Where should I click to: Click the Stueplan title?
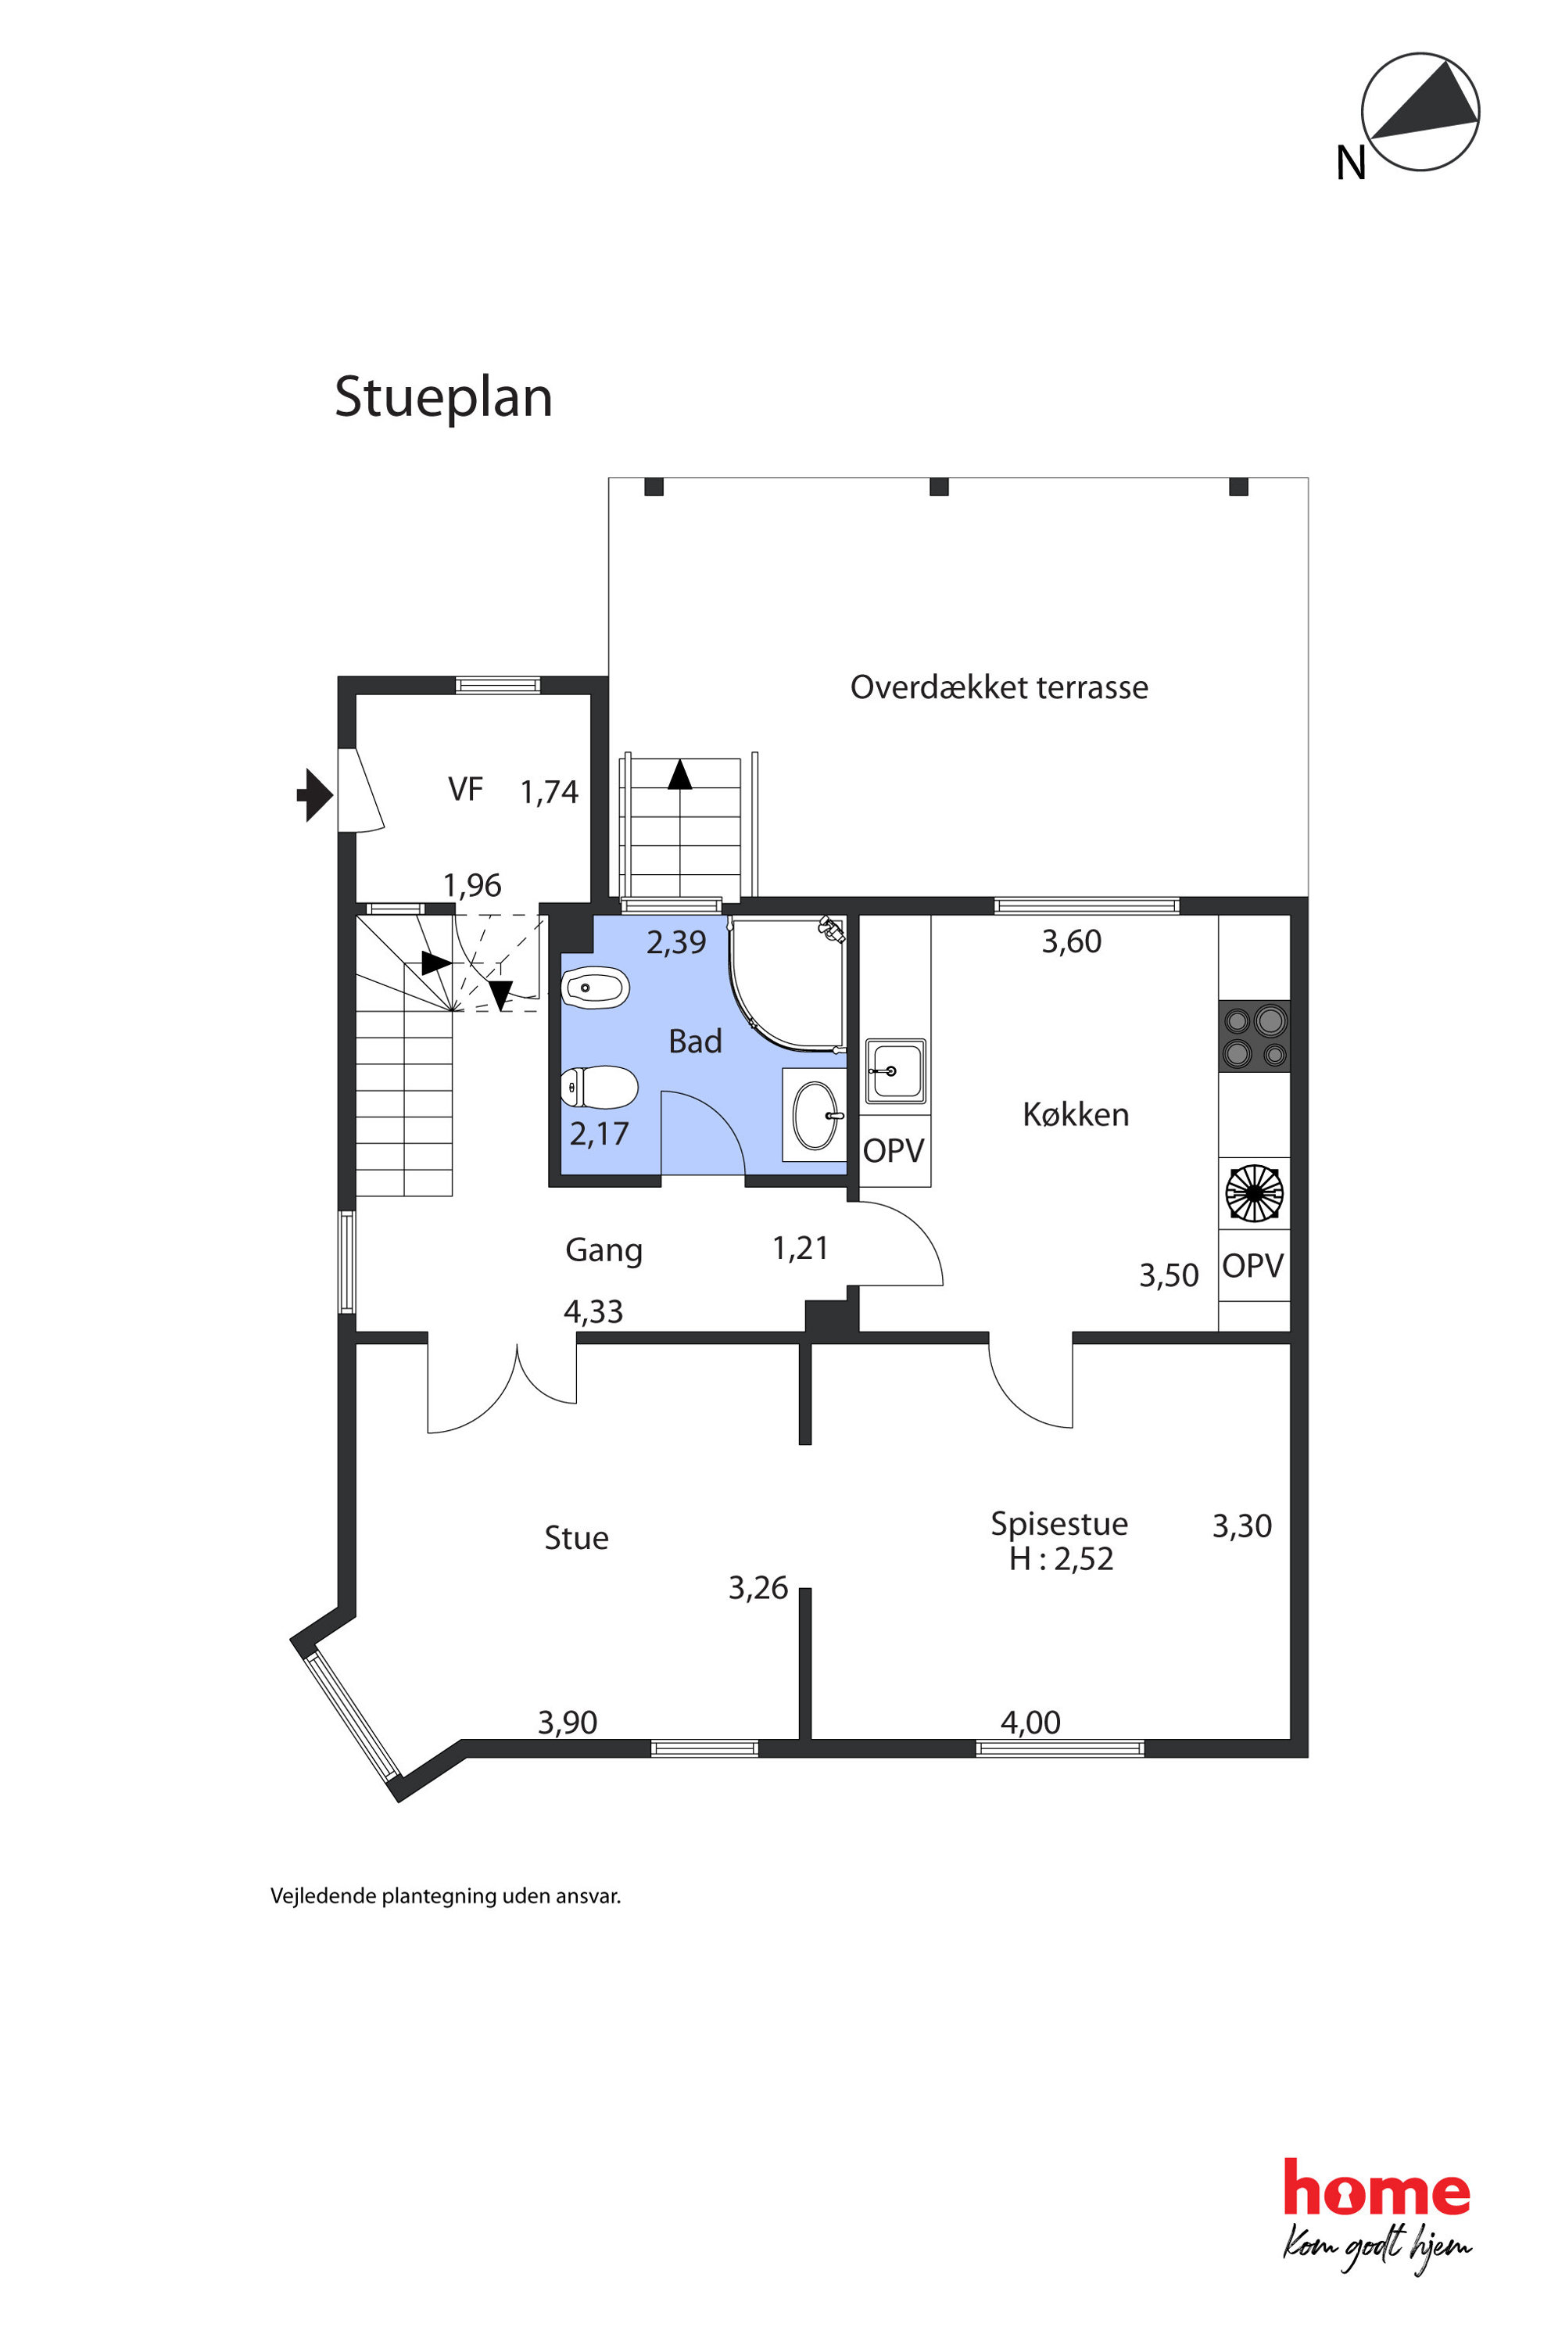tap(443, 398)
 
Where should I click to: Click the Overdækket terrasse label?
tap(999, 687)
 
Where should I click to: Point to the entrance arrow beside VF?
tap(314, 794)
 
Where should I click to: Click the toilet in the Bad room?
tap(599, 1088)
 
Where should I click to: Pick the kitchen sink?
tap(895, 1070)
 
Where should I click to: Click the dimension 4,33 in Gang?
tap(593, 1312)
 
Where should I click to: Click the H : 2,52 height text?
tap(1062, 1559)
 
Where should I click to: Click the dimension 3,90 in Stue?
tap(568, 1723)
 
